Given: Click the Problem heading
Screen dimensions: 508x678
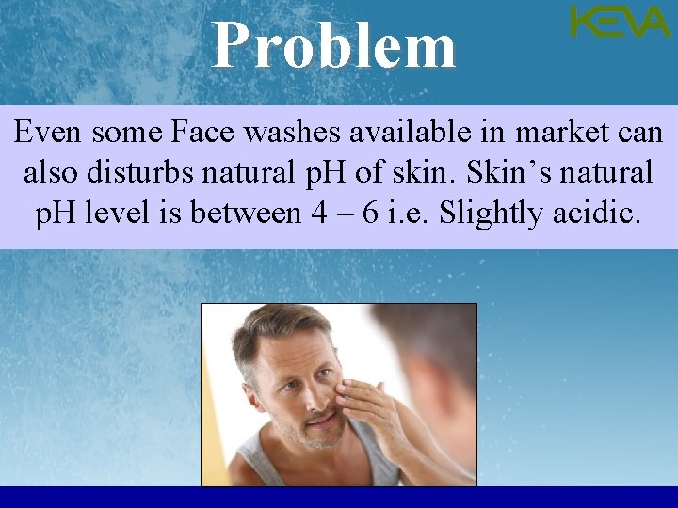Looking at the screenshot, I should point(334,46).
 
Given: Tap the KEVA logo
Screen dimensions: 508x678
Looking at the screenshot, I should point(620,22).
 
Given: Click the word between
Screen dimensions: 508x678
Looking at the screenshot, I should point(245,214).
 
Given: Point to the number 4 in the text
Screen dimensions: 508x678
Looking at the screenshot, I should point(318,214).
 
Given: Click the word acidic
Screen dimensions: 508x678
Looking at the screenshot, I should point(598,214).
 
